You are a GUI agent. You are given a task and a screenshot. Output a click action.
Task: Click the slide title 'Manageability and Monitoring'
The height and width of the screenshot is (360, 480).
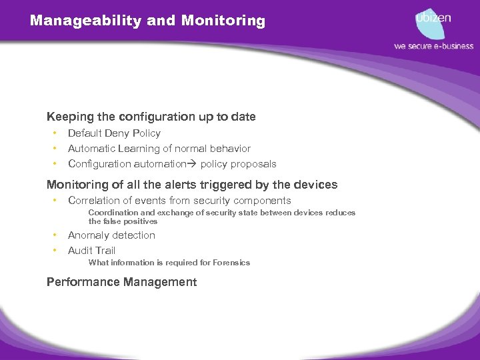147,21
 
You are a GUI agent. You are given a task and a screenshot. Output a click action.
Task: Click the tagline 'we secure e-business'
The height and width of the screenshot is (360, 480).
433,46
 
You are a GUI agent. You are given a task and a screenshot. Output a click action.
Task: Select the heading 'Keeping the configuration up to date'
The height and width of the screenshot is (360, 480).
151,117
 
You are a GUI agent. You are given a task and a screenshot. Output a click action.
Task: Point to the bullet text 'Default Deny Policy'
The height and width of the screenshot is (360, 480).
114,133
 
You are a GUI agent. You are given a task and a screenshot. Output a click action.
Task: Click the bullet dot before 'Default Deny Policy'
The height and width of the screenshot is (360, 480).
53,133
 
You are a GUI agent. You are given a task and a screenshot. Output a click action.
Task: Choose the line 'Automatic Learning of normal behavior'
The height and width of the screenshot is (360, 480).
159,149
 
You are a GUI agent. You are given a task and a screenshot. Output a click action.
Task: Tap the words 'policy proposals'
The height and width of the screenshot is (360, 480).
239,164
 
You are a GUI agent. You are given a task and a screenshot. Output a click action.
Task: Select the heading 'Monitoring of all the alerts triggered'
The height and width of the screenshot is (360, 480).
192,185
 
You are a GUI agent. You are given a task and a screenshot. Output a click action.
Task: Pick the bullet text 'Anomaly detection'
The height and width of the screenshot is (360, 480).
111,235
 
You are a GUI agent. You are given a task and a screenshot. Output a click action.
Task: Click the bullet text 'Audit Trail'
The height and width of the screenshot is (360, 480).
91,251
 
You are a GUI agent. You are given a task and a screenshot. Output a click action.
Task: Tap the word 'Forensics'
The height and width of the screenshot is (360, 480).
231,263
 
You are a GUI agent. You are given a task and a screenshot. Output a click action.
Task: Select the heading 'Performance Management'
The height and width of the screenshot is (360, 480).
121,282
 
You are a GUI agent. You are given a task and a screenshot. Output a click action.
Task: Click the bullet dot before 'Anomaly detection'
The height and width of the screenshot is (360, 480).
53,235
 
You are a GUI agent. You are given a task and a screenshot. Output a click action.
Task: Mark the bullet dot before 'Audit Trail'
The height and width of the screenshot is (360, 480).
53,251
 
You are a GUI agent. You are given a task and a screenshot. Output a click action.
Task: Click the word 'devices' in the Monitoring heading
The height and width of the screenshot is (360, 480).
317,185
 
